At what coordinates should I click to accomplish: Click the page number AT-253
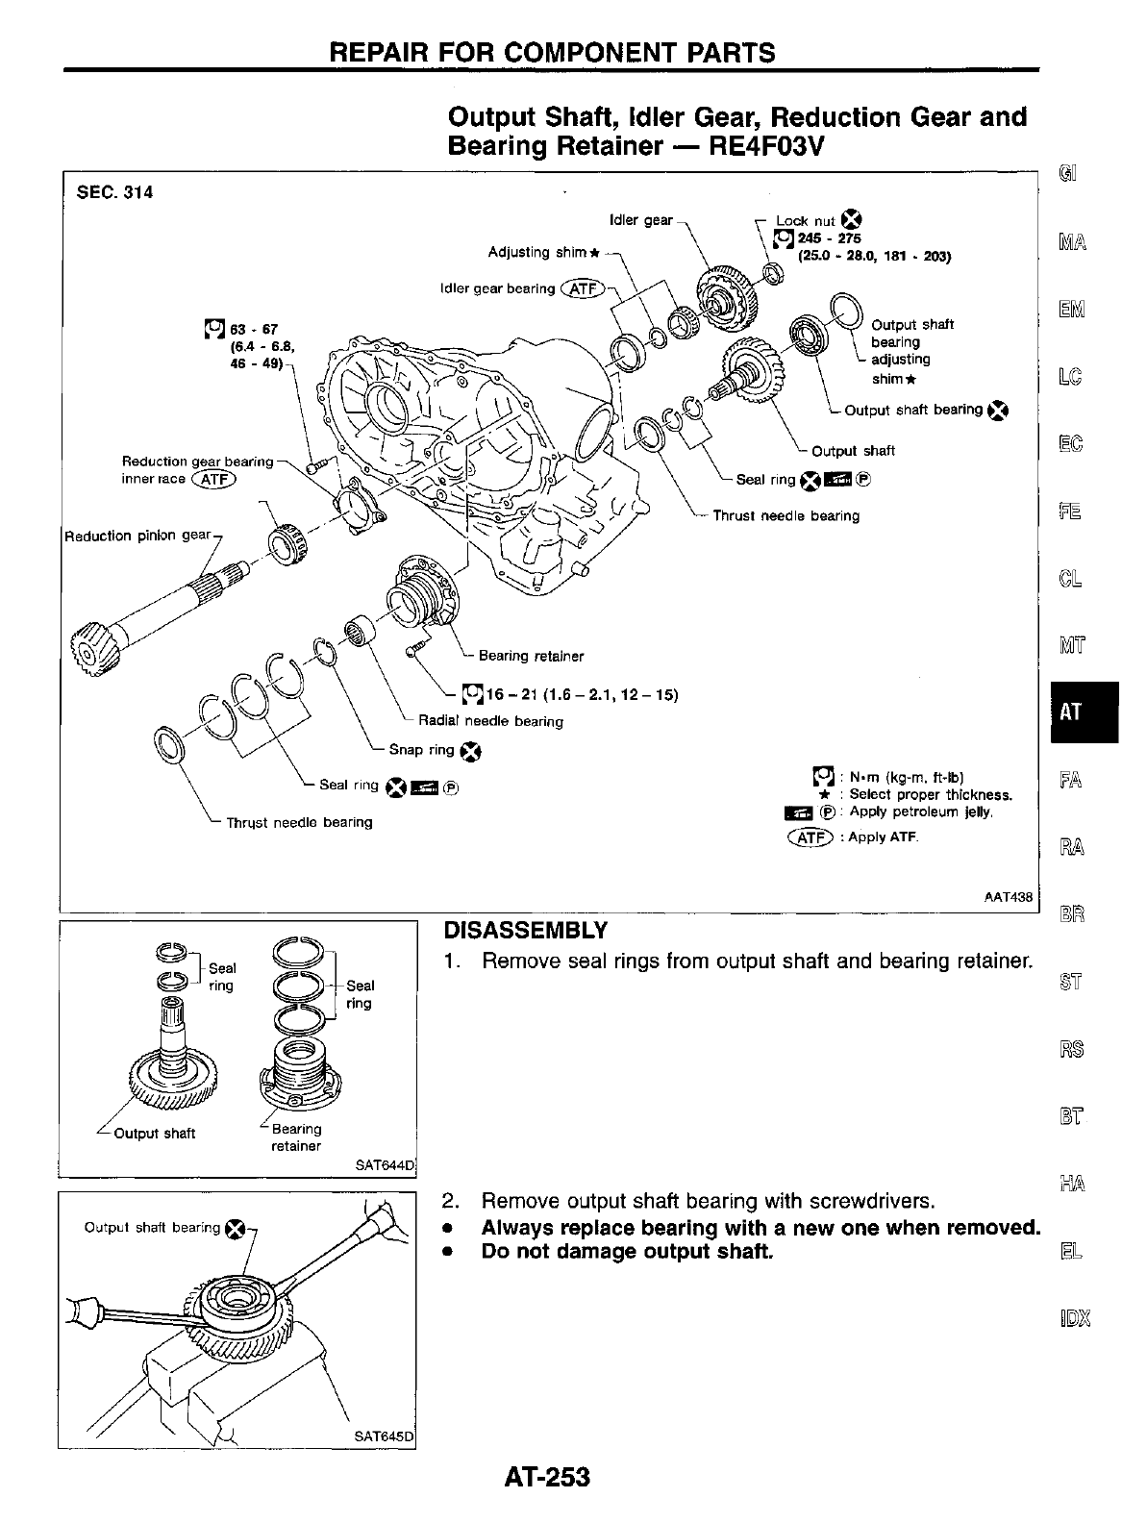[x=546, y=1476]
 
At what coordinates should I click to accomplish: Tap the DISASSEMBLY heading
[x=525, y=931]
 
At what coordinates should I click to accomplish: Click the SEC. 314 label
[x=114, y=192]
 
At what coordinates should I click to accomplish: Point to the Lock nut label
[x=806, y=220]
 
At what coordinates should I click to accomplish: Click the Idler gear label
[x=641, y=219]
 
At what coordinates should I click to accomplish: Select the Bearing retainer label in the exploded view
[x=531, y=656]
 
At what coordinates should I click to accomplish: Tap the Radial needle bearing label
[x=490, y=721]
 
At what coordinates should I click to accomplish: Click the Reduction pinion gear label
[x=137, y=536]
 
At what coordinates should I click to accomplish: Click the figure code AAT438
[x=1008, y=897]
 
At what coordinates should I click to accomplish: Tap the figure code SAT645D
[x=383, y=1438]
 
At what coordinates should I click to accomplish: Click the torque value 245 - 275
[x=823, y=238]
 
